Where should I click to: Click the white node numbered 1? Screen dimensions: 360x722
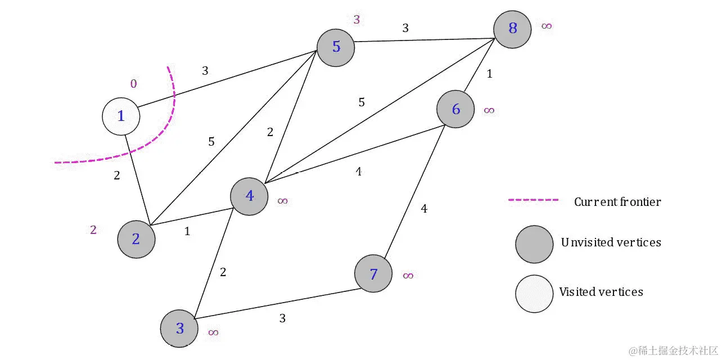pyautogui.click(x=121, y=117)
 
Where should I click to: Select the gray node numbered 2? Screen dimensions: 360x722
pyautogui.click(x=136, y=239)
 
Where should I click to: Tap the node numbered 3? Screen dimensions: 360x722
pyautogui.click(x=179, y=328)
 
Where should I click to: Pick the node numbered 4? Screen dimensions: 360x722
pyautogui.click(x=249, y=196)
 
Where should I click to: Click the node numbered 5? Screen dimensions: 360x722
pyautogui.click(x=336, y=47)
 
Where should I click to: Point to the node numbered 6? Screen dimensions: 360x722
pyautogui.click(x=455, y=109)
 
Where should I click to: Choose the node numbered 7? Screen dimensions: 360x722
pyautogui.click(x=373, y=274)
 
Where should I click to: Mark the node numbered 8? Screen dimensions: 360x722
pyautogui.click(x=513, y=28)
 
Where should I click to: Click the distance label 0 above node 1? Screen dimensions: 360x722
pyautogui.click(x=133, y=84)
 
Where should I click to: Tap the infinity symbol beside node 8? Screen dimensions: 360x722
pyautogui.click(x=547, y=26)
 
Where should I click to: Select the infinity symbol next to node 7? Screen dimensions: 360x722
pyautogui.click(x=408, y=276)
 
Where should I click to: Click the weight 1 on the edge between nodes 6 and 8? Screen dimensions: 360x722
pyautogui.click(x=489, y=74)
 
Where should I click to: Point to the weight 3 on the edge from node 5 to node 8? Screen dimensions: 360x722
pyautogui.click(x=405, y=28)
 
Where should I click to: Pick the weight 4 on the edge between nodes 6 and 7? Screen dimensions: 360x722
pyautogui.click(x=424, y=209)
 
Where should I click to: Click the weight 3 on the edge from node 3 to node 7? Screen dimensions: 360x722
pyautogui.click(x=282, y=318)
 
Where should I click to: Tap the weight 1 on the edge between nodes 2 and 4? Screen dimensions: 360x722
pyautogui.click(x=187, y=231)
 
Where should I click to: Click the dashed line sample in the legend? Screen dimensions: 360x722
pyautogui.click(x=533, y=200)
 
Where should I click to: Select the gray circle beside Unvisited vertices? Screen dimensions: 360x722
pyautogui.click(x=534, y=244)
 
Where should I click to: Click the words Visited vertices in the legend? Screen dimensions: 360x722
pyautogui.click(x=601, y=292)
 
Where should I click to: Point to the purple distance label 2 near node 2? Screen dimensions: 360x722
pyautogui.click(x=93, y=229)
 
